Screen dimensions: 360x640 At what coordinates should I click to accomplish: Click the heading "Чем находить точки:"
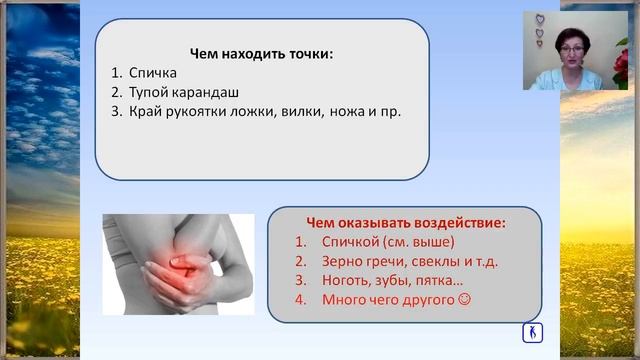(261, 52)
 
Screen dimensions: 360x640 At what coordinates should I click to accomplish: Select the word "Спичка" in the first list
(153, 72)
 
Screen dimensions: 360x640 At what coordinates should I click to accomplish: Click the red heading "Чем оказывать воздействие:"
(404, 222)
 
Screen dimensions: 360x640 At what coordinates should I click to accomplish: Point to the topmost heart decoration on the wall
(540, 18)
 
